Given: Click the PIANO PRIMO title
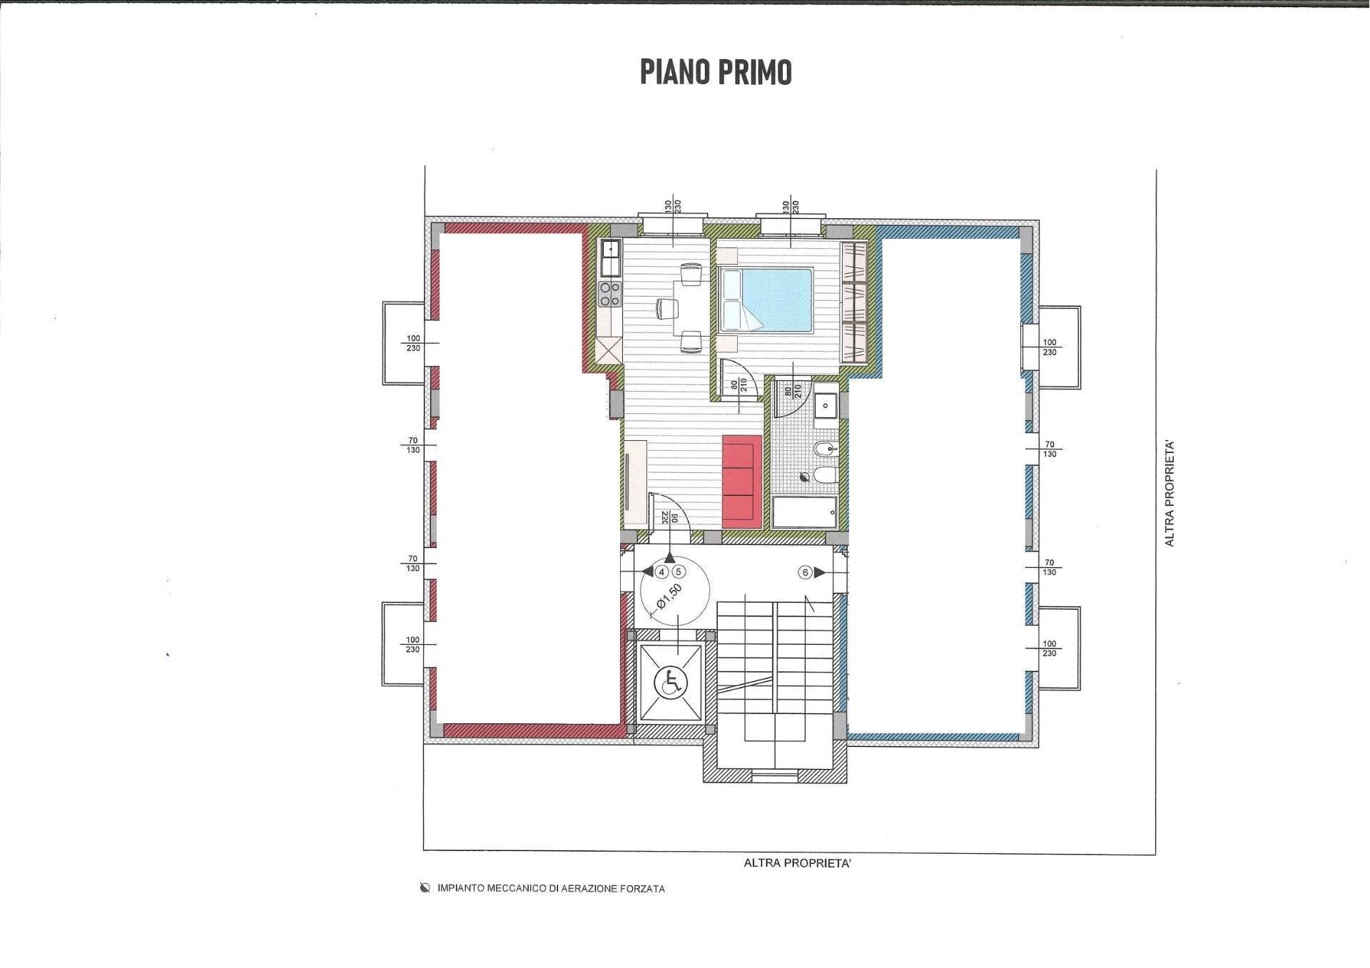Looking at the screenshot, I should click(715, 72).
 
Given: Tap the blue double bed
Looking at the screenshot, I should click(766, 300).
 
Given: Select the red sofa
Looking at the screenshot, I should click(741, 482).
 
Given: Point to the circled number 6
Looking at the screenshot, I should click(806, 572).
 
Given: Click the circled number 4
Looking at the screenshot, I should click(661, 572).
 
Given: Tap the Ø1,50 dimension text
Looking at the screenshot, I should click(669, 597).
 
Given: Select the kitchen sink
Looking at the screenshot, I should click(611, 258).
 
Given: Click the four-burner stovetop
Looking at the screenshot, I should click(609, 294).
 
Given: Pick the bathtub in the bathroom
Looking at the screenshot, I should click(804, 512).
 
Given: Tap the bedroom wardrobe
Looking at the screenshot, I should click(854, 302).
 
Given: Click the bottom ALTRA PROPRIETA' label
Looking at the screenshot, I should click(797, 863).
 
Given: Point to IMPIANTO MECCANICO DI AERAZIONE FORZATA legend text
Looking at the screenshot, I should click(551, 889).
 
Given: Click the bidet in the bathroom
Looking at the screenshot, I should click(824, 449).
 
